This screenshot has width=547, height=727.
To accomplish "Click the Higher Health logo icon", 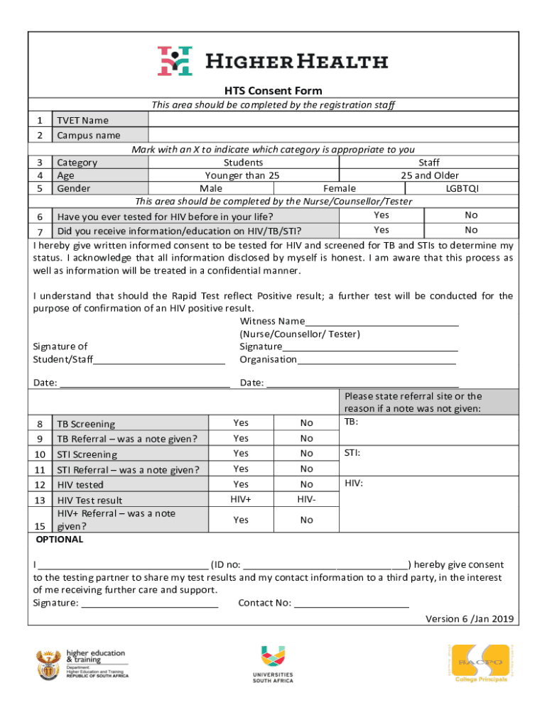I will pyautogui.click(x=175, y=61).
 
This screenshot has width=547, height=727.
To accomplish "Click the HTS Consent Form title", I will pyautogui.click(x=273, y=91).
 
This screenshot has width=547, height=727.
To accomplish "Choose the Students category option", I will pyautogui.click(x=242, y=163).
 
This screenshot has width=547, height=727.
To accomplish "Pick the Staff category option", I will pyautogui.click(x=429, y=163).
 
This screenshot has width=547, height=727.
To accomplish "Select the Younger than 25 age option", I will pyautogui.click(x=242, y=175).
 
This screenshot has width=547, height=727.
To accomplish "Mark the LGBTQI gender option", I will pyautogui.click(x=462, y=188).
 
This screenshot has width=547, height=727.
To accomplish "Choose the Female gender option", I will pyautogui.click(x=340, y=188).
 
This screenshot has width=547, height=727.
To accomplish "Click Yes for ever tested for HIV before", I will pyautogui.click(x=381, y=215).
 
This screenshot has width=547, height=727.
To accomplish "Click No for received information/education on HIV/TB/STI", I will pyautogui.click(x=471, y=230).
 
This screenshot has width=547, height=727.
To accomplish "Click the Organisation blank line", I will pyautogui.click(x=377, y=361).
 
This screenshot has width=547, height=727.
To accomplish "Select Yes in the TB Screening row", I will pyautogui.click(x=241, y=423).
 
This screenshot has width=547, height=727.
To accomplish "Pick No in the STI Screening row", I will pyautogui.click(x=306, y=454).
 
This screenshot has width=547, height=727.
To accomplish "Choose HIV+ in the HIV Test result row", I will pyautogui.click(x=241, y=500).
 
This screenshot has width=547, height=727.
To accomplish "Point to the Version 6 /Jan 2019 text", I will pyautogui.click(x=469, y=619).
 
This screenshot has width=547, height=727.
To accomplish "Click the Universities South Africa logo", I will pyautogui.click(x=273, y=664).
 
